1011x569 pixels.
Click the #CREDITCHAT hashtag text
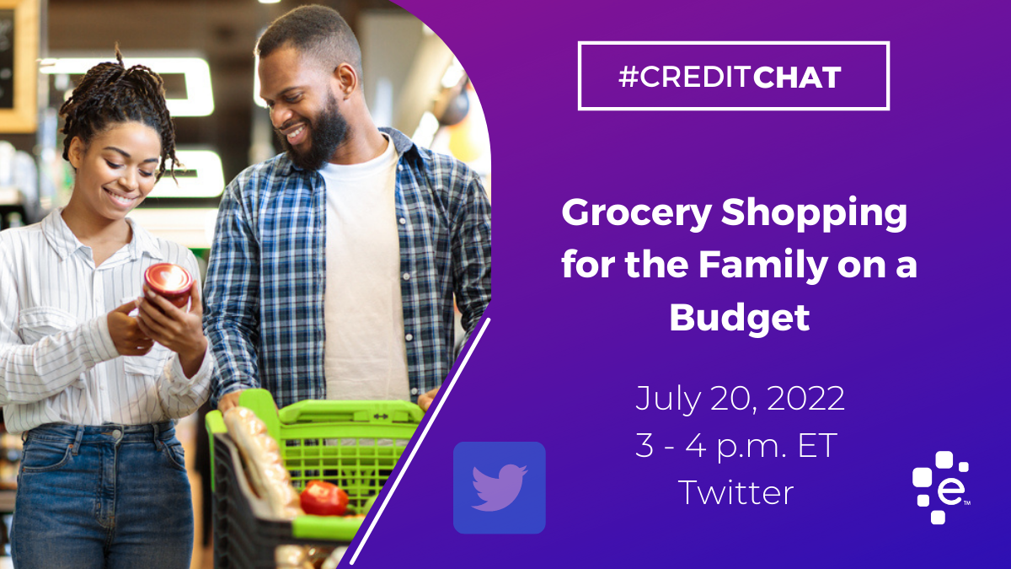coord(730,78)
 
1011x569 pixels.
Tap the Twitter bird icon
coord(499,488)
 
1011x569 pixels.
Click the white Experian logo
coord(941,487)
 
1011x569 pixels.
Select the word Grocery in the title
coord(636,213)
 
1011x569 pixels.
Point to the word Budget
coord(740,319)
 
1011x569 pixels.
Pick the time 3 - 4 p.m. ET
coord(736,446)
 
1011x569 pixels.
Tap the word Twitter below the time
coord(736,492)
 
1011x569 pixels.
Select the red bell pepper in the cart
coord(324,498)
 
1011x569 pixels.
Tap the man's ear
coord(345,80)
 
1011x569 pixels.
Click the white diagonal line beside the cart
coord(420,441)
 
